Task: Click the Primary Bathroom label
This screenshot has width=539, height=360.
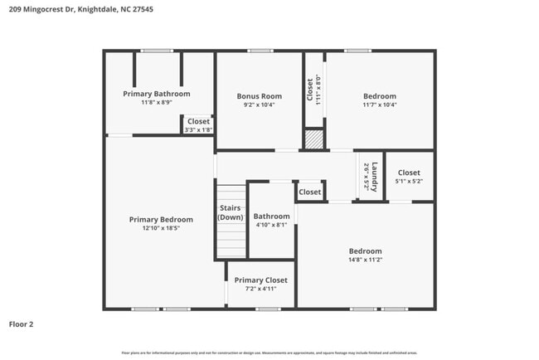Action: click(157, 94)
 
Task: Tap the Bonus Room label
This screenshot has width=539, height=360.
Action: click(259, 96)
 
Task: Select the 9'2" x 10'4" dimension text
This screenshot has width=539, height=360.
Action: click(259, 105)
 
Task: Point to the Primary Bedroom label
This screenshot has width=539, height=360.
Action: click(161, 220)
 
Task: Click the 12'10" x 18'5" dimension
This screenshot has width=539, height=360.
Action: click(161, 228)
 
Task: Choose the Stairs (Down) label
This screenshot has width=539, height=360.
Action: click(231, 213)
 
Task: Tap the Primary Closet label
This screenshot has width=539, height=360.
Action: click(260, 280)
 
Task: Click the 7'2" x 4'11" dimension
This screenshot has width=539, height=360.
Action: click(260, 289)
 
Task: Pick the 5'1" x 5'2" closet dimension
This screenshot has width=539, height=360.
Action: click(409, 181)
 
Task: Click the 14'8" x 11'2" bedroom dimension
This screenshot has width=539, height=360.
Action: click(365, 260)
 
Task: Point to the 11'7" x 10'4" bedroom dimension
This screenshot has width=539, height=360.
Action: click(379, 105)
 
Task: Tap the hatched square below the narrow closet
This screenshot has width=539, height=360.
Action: click(312, 139)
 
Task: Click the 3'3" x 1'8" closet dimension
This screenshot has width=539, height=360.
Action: click(198, 129)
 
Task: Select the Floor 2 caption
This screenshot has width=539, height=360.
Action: click(22, 324)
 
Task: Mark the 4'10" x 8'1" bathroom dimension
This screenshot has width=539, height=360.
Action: click(271, 225)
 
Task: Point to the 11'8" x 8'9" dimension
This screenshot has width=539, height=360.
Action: click(157, 102)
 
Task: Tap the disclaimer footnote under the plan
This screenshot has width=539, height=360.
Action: click(269, 353)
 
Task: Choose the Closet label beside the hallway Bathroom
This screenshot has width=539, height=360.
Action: click(310, 192)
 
